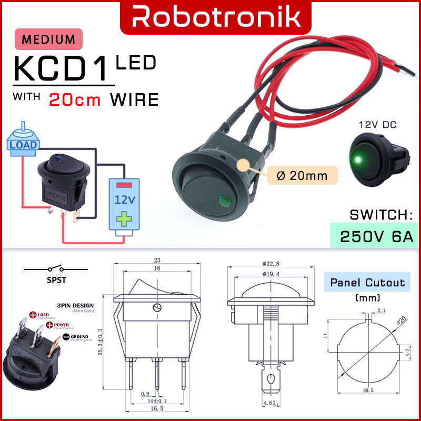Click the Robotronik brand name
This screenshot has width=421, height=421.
[216, 16]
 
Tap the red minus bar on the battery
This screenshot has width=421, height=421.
[124, 186]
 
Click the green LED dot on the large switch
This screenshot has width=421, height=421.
[224, 200]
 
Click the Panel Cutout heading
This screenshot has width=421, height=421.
[367, 283]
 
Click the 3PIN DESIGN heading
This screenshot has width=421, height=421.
[75, 305]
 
